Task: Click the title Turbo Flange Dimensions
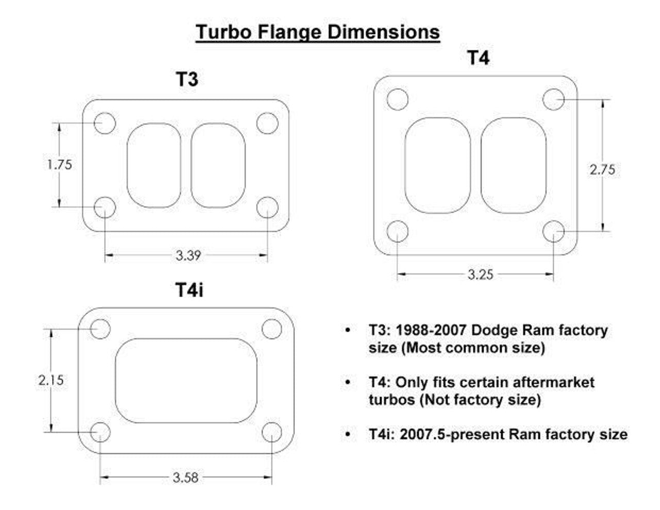(x=318, y=32)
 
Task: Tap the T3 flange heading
(x=187, y=80)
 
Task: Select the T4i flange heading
(x=189, y=290)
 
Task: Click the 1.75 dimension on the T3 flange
(x=59, y=164)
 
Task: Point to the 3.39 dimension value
(x=188, y=255)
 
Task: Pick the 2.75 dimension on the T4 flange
(x=602, y=169)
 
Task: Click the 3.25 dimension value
(x=480, y=274)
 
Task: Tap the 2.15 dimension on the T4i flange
(x=51, y=380)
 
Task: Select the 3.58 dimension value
(x=186, y=478)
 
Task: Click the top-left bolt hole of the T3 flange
(x=105, y=123)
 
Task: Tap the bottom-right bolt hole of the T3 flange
(x=267, y=207)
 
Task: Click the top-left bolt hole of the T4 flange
(x=397, y=100)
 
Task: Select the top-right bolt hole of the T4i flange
(x=272, y=329)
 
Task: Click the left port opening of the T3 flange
(x=154, y=165)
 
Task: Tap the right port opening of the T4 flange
(x=513, y=165)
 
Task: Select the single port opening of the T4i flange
(x=186, y=381)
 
